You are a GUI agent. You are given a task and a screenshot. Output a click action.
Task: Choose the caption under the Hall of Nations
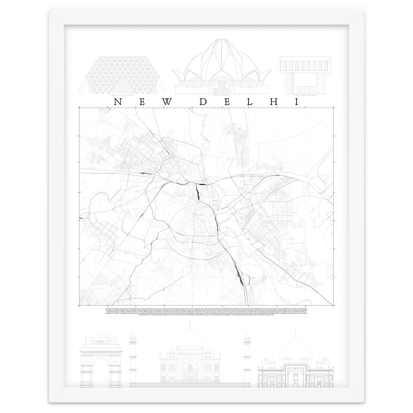coord(123,96)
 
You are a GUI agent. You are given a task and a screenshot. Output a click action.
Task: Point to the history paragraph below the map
coord(206,313)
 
